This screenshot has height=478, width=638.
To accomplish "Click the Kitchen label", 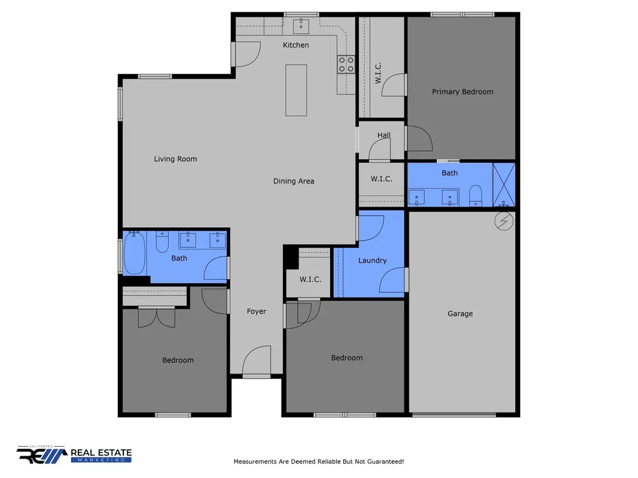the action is pos(296,45).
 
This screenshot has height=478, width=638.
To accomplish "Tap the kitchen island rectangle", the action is pos(296,90).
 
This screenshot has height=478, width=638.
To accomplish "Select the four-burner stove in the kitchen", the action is pos(346,65).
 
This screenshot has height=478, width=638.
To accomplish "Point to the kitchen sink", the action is pos(301,26).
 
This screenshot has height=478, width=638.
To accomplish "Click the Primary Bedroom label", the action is pos(463,92).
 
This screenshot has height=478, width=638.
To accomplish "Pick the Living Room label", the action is pos(175,159).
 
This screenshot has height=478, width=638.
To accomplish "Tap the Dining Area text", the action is pos(294,181).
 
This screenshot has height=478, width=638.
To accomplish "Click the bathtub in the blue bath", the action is pos(135,253).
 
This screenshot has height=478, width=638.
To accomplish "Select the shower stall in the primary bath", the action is pos(503,184).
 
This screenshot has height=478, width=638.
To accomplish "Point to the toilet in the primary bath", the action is pos(475,195).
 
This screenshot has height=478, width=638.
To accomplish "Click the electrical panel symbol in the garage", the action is pos(503,222).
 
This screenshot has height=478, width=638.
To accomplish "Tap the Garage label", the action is pos(460,314).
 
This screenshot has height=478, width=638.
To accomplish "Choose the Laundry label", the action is pos(373,261).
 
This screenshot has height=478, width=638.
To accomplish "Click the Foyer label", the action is pos(256,311).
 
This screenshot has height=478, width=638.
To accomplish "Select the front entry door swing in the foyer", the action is pos(257,360).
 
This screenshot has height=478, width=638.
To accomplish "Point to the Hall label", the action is pos(384,135).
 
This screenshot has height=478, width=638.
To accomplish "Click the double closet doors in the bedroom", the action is pos(156,317).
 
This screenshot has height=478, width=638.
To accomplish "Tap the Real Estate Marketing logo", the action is pos(74,454).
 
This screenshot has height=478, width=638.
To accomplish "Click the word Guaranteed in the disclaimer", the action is pos(385,462).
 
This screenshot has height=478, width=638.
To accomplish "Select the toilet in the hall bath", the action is pos(163,241).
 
